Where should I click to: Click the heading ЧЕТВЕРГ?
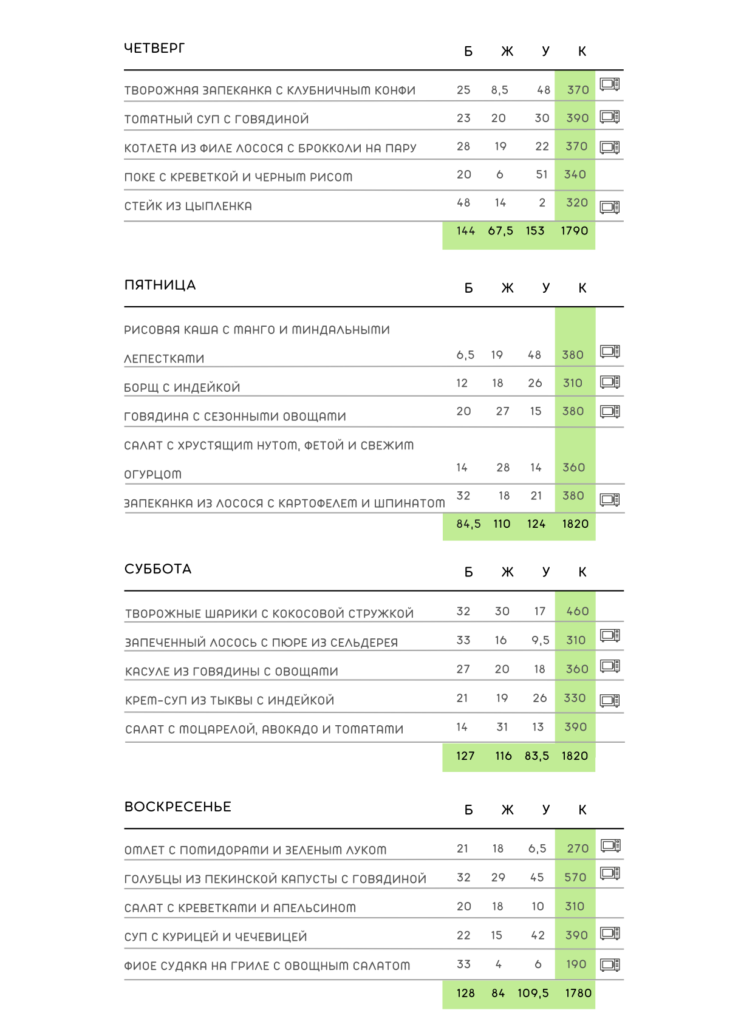tap(154, 48)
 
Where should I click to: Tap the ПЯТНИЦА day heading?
tap(160, 285)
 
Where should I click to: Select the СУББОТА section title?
tap(158, 569)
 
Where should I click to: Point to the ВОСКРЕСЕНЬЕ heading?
tap(178, 807)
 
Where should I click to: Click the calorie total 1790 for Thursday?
tap(575, 231)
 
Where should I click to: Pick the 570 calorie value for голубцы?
tap(575, 877)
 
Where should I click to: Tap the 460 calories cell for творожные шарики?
tap(577, 611)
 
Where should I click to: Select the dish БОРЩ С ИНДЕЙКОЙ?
tap(182, 387)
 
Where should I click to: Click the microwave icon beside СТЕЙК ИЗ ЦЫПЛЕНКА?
tap(610, 207)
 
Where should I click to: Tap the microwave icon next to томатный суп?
tap(610, 117)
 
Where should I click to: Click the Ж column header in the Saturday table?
tap(507, 572)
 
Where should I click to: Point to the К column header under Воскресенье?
tap(582, 810)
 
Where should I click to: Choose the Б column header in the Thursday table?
tap(468, 52)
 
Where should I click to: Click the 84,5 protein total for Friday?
tap(468, 524)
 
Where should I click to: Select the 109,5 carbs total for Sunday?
tap(533, 993)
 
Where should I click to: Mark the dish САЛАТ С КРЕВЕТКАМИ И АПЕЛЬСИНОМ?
tap(240, 908)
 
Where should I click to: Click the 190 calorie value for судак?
tap(576, 964)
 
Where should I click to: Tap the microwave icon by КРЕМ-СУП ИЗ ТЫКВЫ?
tap(610, 700)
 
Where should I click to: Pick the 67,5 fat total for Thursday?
tap(500, 231)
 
